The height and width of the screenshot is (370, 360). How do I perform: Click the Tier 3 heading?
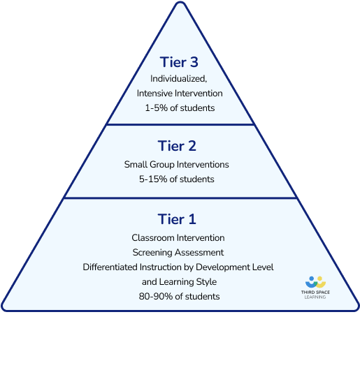click(179, 62)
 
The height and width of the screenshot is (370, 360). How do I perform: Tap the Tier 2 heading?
click(177, 146)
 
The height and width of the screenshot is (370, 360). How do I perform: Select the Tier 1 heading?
click(177, 219)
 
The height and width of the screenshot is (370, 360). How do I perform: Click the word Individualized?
click(178, 79)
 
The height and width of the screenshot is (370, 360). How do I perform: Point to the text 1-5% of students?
click(180, 108)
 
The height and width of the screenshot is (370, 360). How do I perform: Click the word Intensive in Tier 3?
click(154, 94)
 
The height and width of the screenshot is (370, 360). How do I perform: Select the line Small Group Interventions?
click(176, 165)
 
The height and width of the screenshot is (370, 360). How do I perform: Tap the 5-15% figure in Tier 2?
click(153, 179)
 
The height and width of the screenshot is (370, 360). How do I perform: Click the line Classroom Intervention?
click(178, 238)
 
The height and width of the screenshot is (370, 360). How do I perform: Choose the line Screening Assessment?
click(178, 253)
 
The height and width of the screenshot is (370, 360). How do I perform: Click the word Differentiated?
click(110, 267)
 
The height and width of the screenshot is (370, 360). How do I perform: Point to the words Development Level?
click(235, 267)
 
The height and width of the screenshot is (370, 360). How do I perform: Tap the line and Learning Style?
click(179, 282)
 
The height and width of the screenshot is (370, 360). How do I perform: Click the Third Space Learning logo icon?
click(315, 282)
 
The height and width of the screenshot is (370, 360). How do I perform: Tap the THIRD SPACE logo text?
click(315, 292)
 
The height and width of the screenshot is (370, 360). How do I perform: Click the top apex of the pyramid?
click(180, 2)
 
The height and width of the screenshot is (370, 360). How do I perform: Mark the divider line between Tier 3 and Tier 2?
click(180, 124)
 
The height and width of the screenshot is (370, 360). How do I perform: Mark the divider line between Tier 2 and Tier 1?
click(180, 198)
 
